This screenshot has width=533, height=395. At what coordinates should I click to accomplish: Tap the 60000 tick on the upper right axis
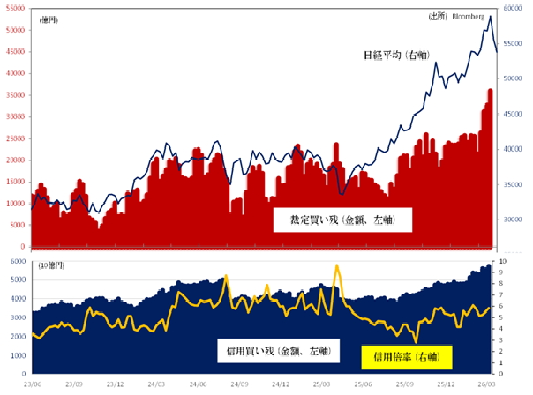[514, 8]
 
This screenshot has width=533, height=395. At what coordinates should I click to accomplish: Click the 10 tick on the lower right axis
[504, 262]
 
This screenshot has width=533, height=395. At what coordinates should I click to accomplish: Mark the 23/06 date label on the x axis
[31, 385]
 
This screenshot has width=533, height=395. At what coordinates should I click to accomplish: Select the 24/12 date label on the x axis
[282, 385]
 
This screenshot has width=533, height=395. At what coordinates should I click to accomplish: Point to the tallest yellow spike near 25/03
[337, 265]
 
